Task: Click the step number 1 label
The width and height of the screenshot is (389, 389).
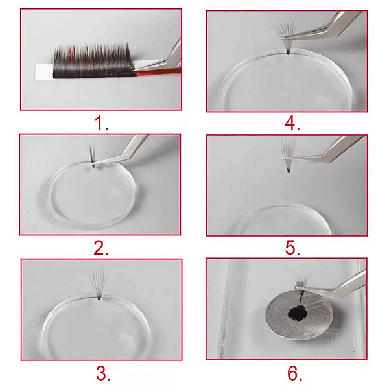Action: coord(101,123)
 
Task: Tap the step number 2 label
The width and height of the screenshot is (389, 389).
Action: coord(101,248)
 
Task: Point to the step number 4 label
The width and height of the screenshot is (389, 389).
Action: coord(292,123)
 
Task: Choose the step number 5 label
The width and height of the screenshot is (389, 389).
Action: coord(292,248)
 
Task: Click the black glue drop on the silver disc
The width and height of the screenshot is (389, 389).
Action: coord(298,314)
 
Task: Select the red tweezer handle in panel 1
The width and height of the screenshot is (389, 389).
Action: coord(159,72)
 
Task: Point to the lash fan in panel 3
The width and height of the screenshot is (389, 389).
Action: coord(99,283)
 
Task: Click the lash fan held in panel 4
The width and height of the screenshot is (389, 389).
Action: coord(285,37)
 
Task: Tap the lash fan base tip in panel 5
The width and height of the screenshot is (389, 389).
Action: coord(289,171)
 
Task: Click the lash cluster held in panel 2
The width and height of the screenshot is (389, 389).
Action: coord(92,156)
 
